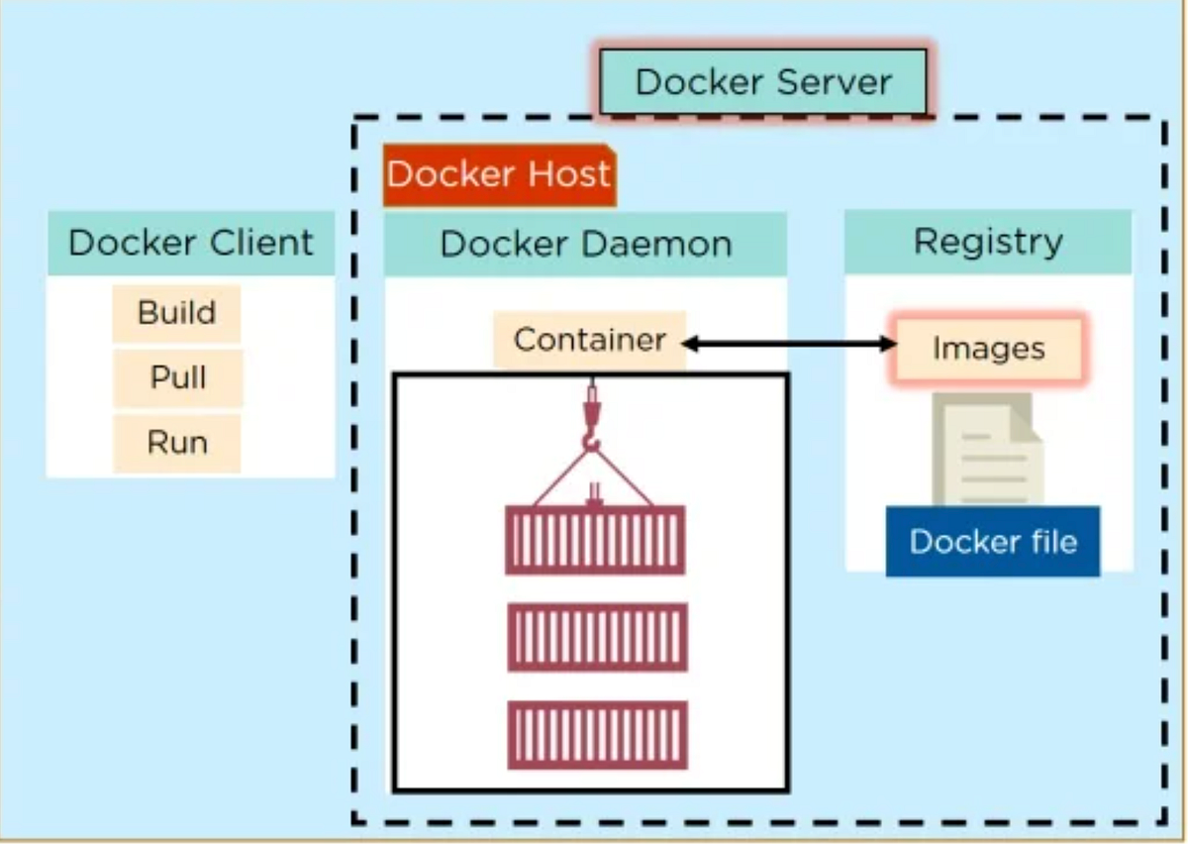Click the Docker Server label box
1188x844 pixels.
pos(763,81)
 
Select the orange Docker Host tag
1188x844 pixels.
pos(499,175)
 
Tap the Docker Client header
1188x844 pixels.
pos(190,243)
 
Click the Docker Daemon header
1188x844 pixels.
pos(585,244)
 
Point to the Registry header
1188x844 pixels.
pos(987,241)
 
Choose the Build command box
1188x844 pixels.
pos(176,313)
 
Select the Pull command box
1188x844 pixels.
pos(177,377)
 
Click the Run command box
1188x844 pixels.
pos(177,442)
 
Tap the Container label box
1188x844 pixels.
pos(589,340)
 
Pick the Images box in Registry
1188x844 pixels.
pos(988,349)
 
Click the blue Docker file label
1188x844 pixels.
pos(992,542)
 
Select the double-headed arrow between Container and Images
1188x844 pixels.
pos(790,344)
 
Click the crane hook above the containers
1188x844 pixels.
pos(592,426)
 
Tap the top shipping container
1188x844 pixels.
pos(595,540)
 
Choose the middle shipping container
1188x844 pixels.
pos(597,637)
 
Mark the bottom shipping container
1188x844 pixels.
pos(597,734)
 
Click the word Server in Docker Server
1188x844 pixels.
pos(834,81)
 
